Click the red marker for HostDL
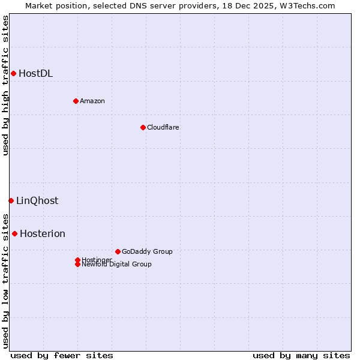[13, 73]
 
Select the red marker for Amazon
[76, 101]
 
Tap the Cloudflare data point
[143, 127]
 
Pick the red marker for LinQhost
[11, 200]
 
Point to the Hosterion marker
[14, 233]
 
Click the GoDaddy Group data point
[118, 251]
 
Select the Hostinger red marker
[77, 260]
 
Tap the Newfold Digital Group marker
[77, 265]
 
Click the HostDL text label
[36, 74]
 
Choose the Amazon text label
[92, 101]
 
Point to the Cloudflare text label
[163, 127]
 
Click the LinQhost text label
[37, 201]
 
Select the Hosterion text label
[43, 234]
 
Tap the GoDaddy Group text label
[147, 251]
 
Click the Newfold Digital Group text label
[117, 265]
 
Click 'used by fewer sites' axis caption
[62, 355]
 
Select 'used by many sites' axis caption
[301, 355]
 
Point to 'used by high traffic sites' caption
[6, 85]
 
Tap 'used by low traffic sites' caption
[6, 280]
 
